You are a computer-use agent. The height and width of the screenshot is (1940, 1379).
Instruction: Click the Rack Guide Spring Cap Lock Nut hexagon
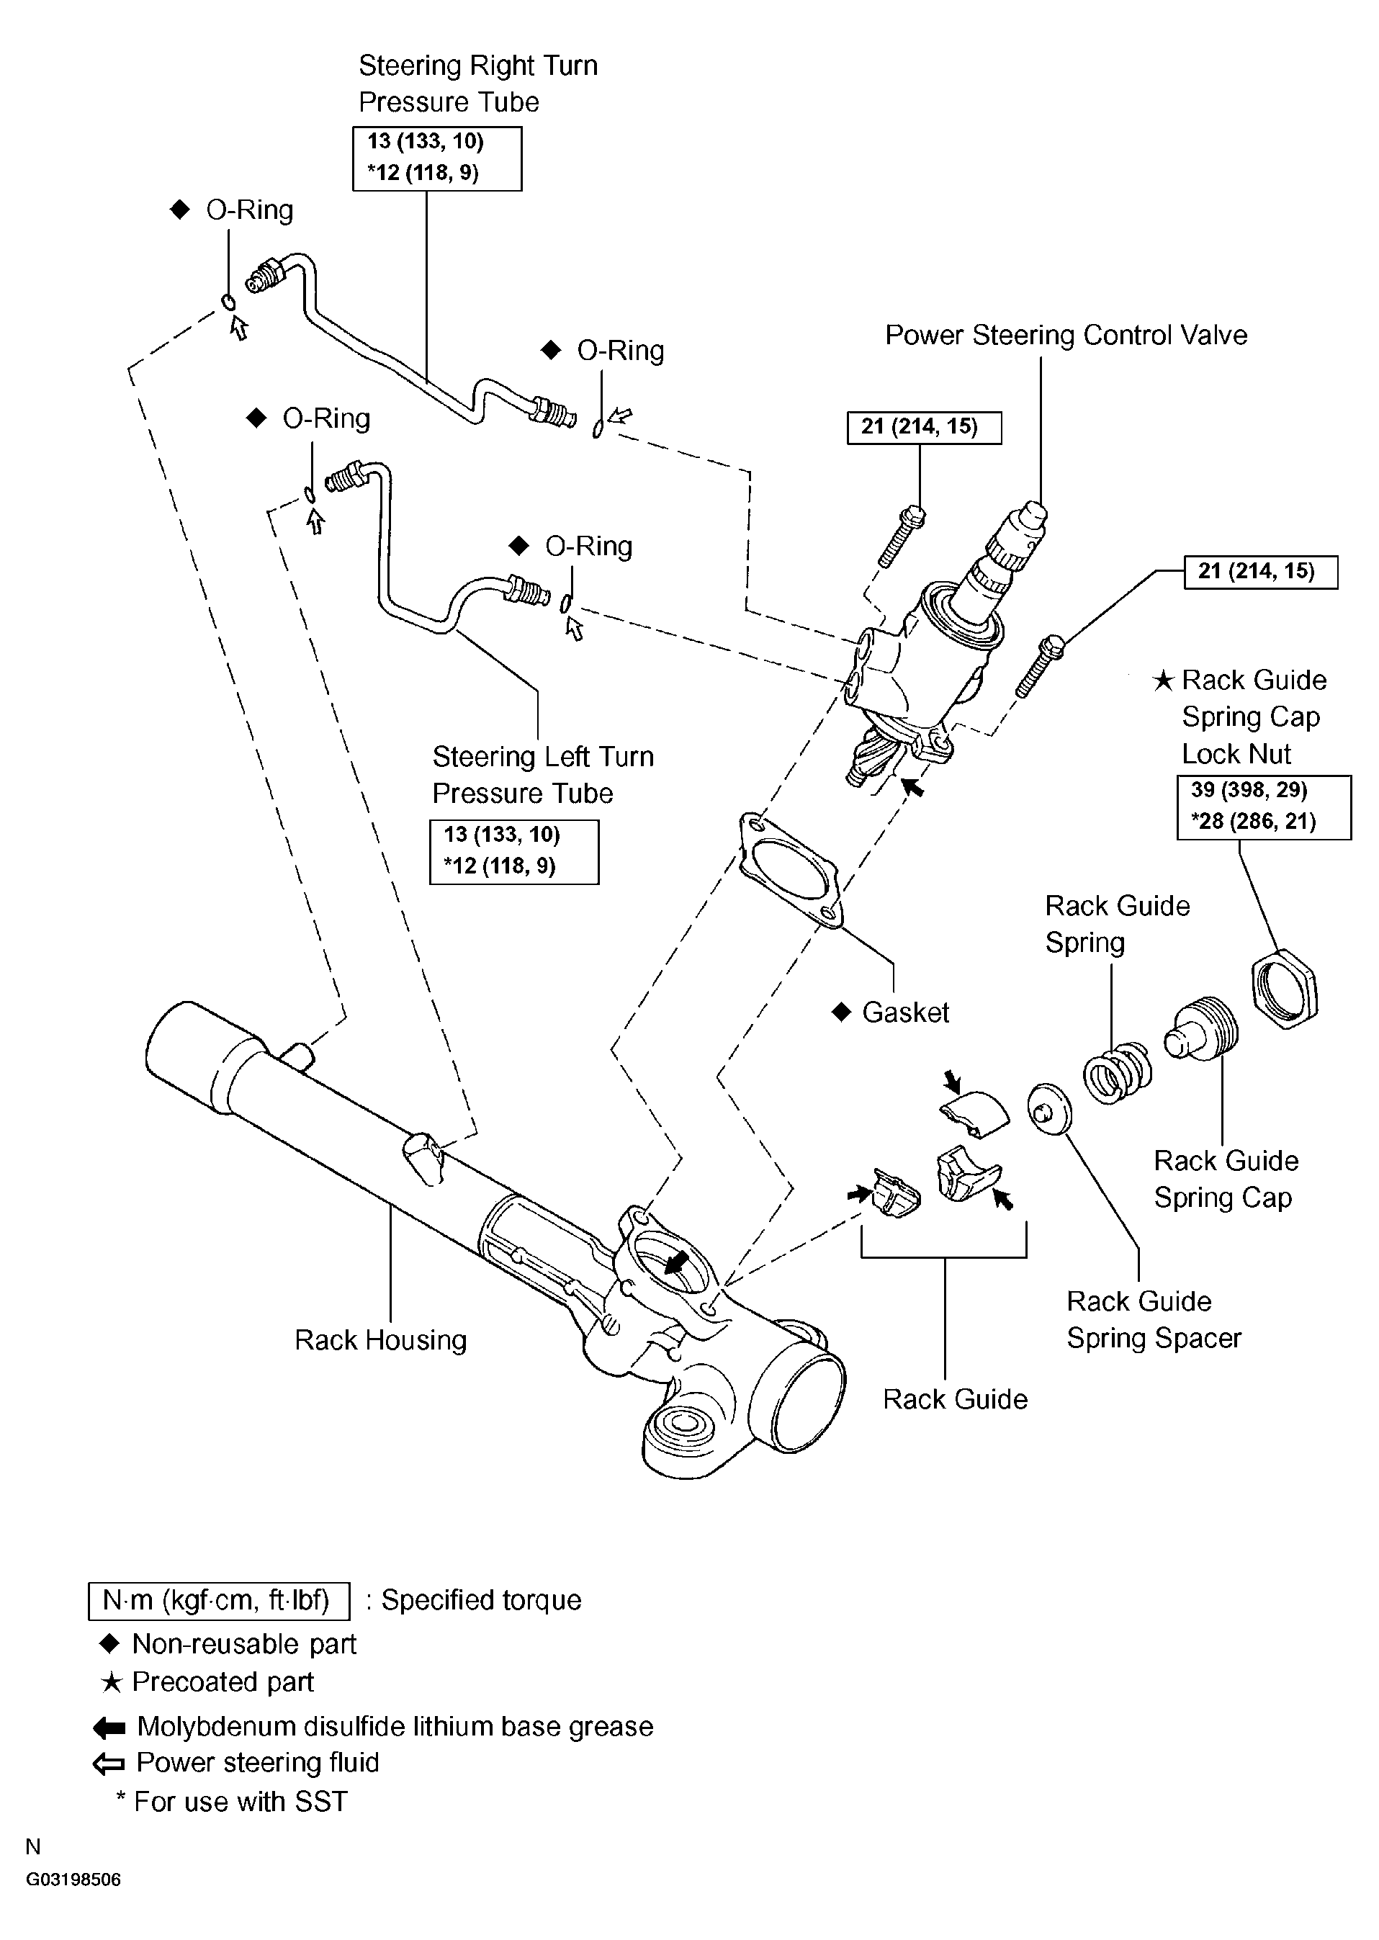click(x=1285, y=989)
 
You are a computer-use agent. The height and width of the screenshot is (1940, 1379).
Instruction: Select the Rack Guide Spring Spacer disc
click(x=1048, y=1109)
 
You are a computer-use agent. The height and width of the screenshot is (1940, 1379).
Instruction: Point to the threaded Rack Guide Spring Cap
click(x=1202, y=1028)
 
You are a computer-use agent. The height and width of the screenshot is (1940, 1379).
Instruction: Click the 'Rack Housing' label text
click(x=380, y=1339)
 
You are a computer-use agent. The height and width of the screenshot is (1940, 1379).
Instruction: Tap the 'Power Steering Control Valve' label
click(x=1066, y=335)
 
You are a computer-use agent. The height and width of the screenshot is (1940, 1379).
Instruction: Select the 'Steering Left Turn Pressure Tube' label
click(x=543, y=774)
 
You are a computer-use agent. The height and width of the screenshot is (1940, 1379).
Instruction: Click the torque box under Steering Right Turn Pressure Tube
click(x=437, y=158)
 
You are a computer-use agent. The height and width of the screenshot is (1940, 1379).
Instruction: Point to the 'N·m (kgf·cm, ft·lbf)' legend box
click(x=219, y=1600)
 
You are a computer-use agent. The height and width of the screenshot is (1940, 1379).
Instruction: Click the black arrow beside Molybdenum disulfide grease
click(x=109, y=1728)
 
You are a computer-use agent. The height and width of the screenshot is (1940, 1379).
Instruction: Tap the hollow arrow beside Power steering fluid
click(x=109, y=1764)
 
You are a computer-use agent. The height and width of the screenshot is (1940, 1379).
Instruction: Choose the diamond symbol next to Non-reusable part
click(x=109, y=1644)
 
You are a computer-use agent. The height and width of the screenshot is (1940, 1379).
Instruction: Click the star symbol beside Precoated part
click(x=111, y=1682)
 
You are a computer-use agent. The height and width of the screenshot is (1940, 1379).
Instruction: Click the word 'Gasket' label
click(x=905, y=1012)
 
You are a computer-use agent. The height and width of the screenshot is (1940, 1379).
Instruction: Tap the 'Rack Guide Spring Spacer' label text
click(x=1153, y=1319)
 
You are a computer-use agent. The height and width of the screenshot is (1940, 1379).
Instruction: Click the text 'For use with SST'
click(x=241, y=1802)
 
